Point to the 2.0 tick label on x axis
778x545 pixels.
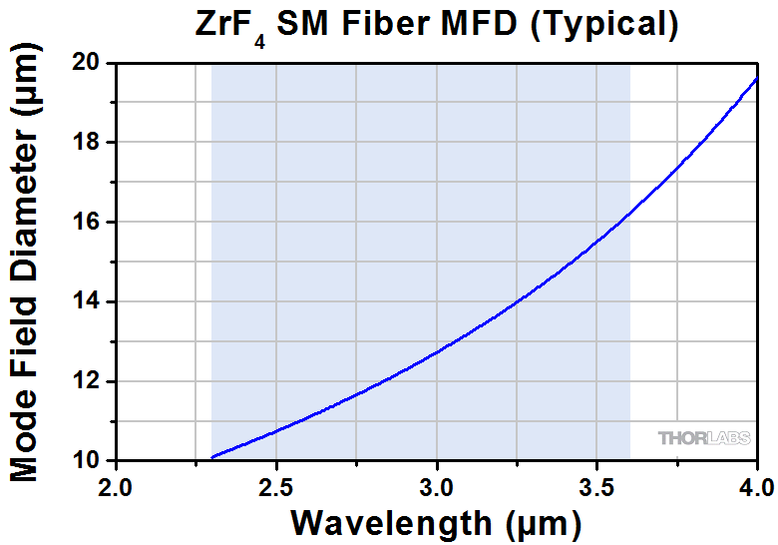(117, 486)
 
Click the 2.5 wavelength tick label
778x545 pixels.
(276, 486)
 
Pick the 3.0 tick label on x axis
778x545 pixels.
(436, 486)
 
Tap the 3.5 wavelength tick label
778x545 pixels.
(595, 486)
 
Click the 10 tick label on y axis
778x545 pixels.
(88, 461)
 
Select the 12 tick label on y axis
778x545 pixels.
(88, 381)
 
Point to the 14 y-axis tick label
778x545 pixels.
(88, 301)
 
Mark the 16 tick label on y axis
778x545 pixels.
(88, 222)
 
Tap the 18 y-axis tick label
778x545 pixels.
(88, 142)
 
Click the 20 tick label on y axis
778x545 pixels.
(88, 62)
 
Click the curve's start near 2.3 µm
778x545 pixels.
(213, 457)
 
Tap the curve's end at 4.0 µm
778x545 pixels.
(755, 79)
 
